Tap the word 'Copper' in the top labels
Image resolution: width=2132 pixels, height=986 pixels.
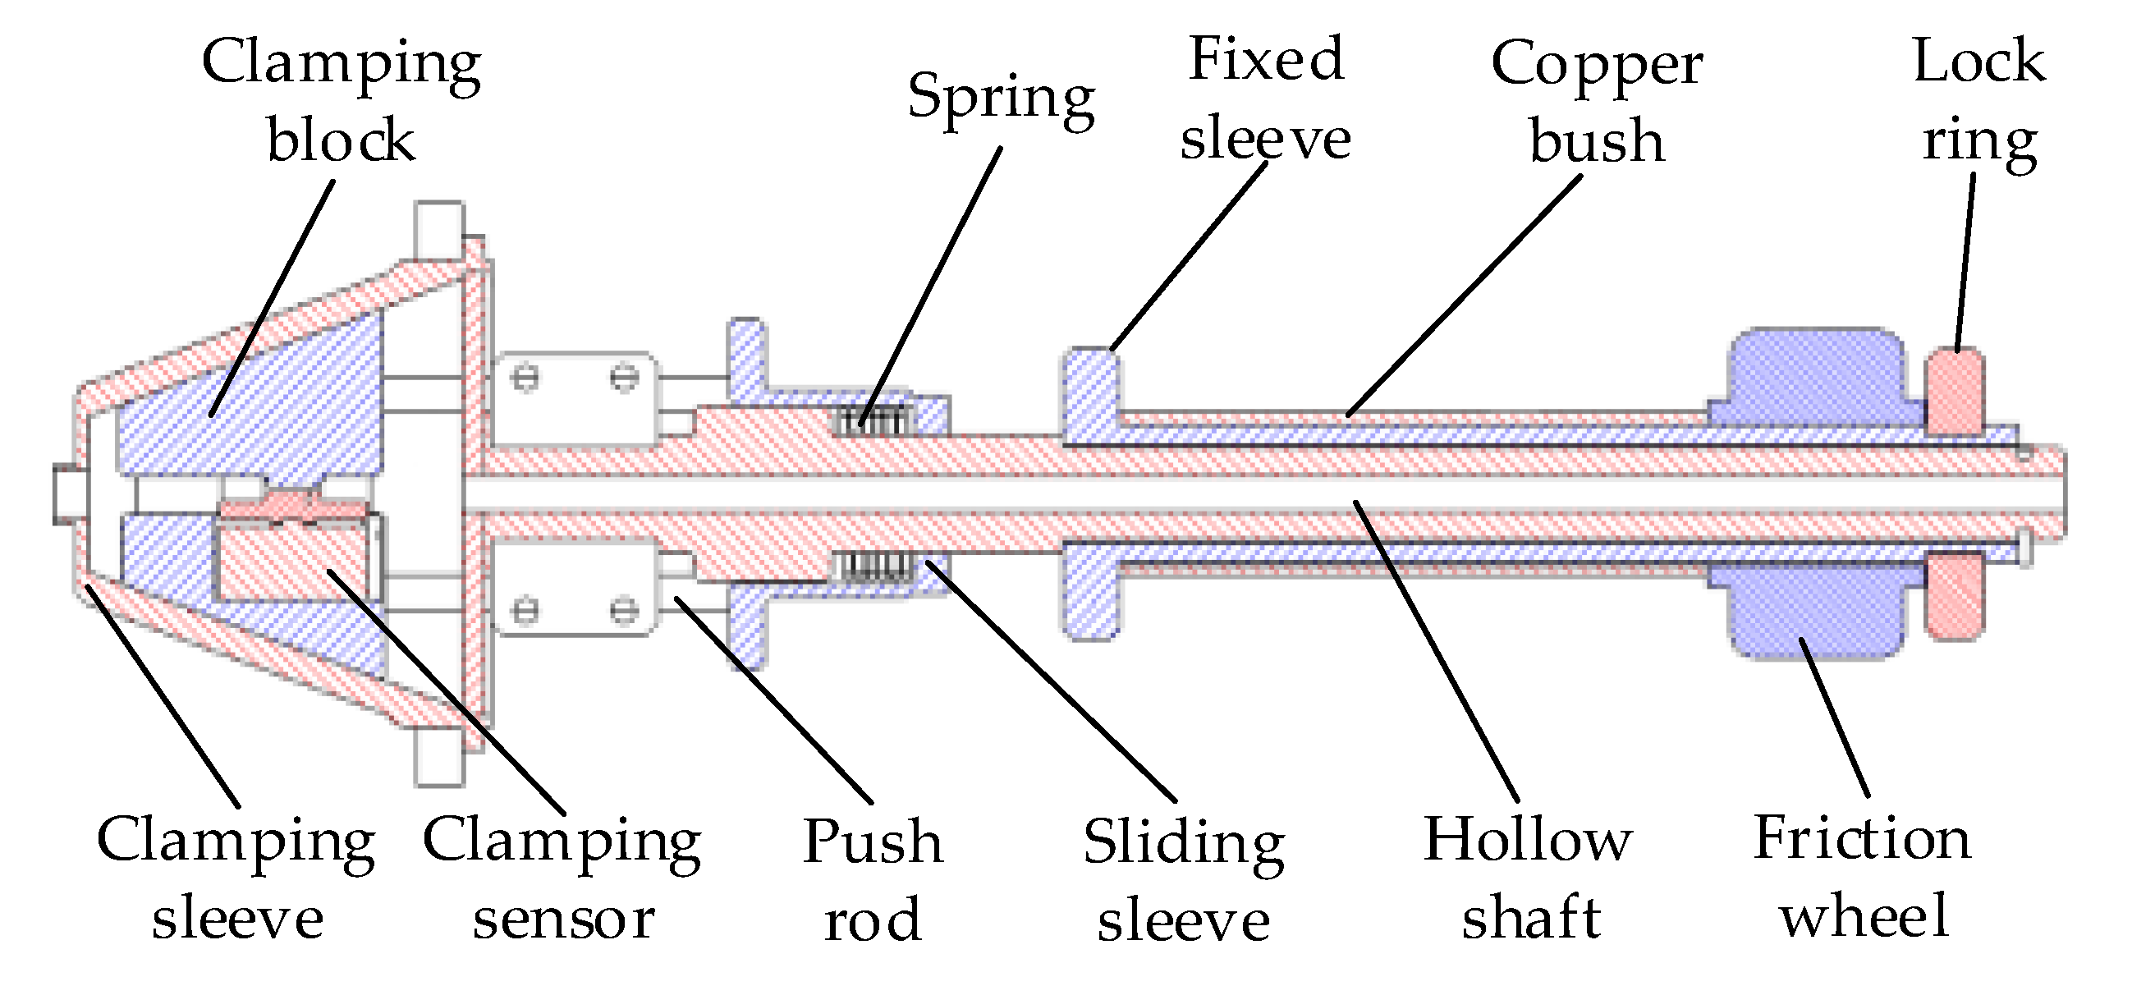[x=1597, y=65]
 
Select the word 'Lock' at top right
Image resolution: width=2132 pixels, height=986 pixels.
[x=1978, y=62]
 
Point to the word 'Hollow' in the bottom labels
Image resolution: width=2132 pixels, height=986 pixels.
[x=1528, y=840]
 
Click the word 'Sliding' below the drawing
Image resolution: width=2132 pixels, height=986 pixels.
[x=1184, y=843]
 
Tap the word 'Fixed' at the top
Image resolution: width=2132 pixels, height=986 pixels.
[x=1266, y=60]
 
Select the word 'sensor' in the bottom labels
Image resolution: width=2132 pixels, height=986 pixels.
[x=564, y=918]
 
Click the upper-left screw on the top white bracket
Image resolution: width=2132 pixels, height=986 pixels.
[x=525, y=379]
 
